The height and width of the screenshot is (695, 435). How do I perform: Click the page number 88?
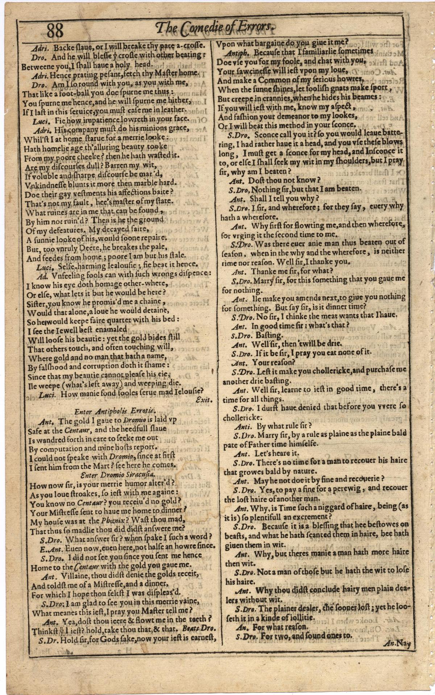point(55,30)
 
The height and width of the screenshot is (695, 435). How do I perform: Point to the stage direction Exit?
point(203,400)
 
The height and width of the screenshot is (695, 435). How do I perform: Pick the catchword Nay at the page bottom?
point(402,643)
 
